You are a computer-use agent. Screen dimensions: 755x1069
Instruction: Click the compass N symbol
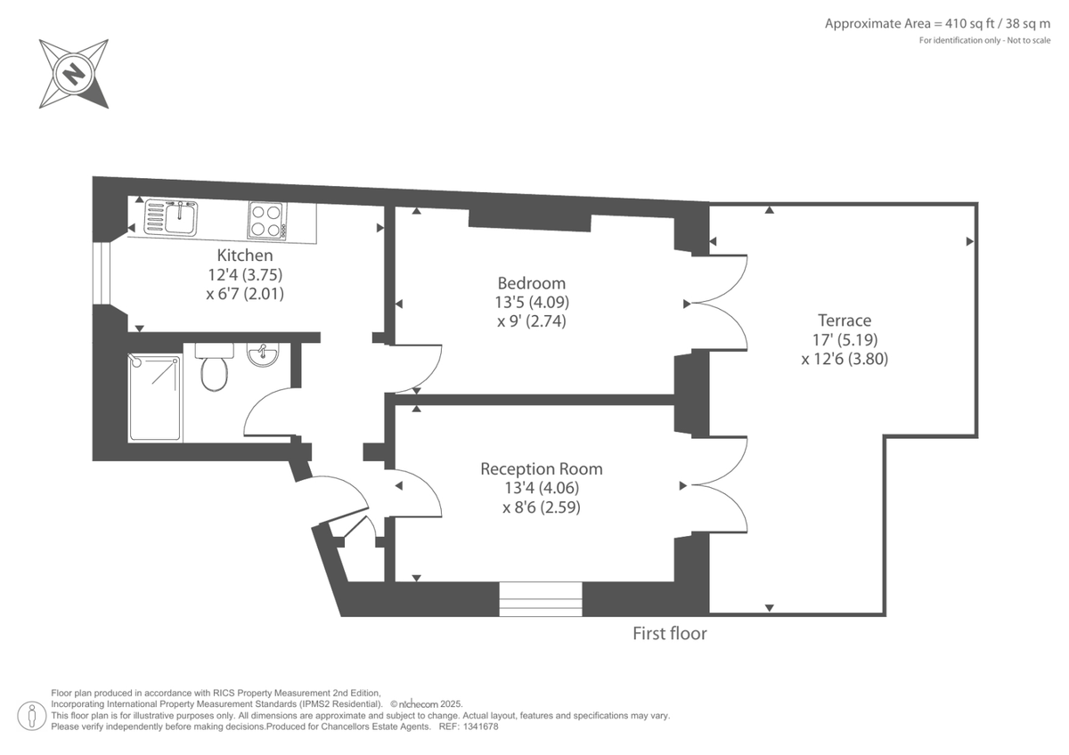coord(74,73)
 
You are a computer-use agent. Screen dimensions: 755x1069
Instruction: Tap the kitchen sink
coord(172,217)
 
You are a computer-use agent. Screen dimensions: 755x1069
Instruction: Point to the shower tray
coord(156,397)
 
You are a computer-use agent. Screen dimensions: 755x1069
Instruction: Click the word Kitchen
coord(245,256)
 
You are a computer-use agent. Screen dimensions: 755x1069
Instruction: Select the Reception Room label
coord(541,468)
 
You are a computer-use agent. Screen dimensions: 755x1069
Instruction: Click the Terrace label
coord(844,321)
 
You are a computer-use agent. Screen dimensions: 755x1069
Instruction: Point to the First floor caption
coord(669,634)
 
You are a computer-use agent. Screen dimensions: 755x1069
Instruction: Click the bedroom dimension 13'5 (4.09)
coord(531,303)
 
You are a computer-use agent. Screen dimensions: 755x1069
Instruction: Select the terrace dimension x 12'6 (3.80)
coord(844,360)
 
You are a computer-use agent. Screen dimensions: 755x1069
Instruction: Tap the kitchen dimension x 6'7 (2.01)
coord(245,293)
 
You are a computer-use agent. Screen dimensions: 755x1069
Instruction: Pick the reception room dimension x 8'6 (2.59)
coord(541,507)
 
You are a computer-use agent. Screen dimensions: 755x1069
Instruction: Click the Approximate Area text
coord(937,23)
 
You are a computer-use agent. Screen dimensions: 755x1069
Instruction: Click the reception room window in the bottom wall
coord(540,599)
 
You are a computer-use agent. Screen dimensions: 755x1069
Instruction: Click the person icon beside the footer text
coord(32,715)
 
